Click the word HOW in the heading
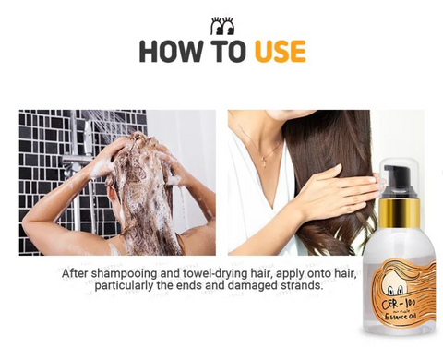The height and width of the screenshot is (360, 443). point(171,51)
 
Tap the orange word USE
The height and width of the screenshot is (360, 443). point(281,51)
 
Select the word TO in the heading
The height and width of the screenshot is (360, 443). point(229,51)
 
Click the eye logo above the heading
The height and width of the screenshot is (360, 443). point(222,26)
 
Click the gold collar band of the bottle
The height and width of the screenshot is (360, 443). point(399,212)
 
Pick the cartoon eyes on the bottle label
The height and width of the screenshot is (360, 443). point(395,290)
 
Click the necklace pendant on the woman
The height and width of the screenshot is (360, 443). point(264,162)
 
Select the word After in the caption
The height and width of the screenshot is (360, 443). point(75,273)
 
